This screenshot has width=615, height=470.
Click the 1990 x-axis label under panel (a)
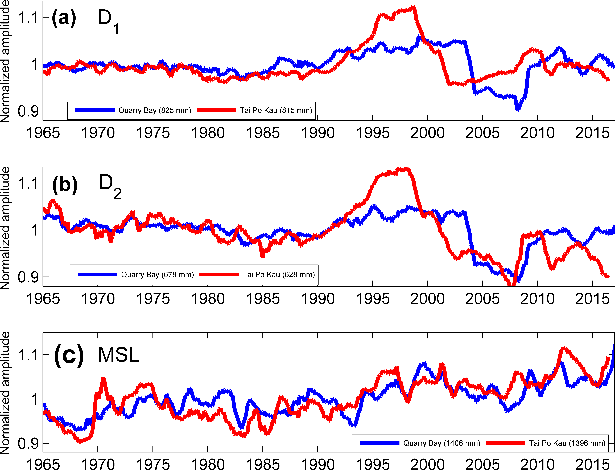point(318,133)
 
